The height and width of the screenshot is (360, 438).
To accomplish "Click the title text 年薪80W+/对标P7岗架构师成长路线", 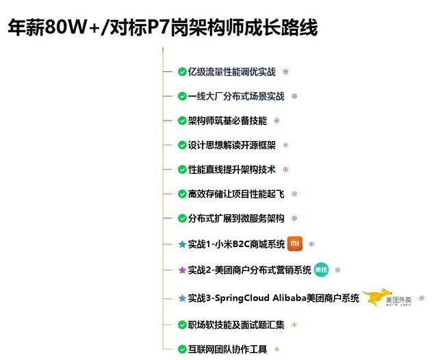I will [162, 27].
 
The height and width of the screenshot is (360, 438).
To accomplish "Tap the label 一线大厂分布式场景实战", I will [236, 97].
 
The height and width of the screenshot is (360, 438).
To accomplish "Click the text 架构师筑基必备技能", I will [227, 121].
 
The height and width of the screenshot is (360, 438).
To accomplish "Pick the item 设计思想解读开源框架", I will [232, 145].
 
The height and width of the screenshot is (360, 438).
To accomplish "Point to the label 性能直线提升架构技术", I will [231, 170].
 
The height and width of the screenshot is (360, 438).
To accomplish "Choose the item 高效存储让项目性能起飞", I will [236, 194].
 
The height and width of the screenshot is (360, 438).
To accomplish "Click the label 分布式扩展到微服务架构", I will [236, 219].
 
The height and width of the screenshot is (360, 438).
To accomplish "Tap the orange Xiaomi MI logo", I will [295, 243].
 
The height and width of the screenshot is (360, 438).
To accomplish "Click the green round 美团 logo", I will [322, 270].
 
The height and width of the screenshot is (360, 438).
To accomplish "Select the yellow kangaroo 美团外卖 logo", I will [387, 298].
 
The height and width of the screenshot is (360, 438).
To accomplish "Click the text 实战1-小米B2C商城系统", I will [236, 244].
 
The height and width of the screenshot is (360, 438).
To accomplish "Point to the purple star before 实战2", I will [182, 270].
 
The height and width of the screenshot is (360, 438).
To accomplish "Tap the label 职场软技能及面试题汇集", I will [236, 325].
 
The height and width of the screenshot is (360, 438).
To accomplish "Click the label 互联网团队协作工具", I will [227, 350].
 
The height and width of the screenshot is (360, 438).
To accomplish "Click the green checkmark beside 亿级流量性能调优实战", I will [182, 72].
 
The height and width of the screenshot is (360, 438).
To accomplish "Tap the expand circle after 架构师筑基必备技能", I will [276, 121].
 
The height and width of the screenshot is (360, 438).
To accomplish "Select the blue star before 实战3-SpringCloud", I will [182, 298].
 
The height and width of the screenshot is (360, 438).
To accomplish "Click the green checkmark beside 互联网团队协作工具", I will [182, 350].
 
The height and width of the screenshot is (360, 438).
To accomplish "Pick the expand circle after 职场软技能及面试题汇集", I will [294, 325].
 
